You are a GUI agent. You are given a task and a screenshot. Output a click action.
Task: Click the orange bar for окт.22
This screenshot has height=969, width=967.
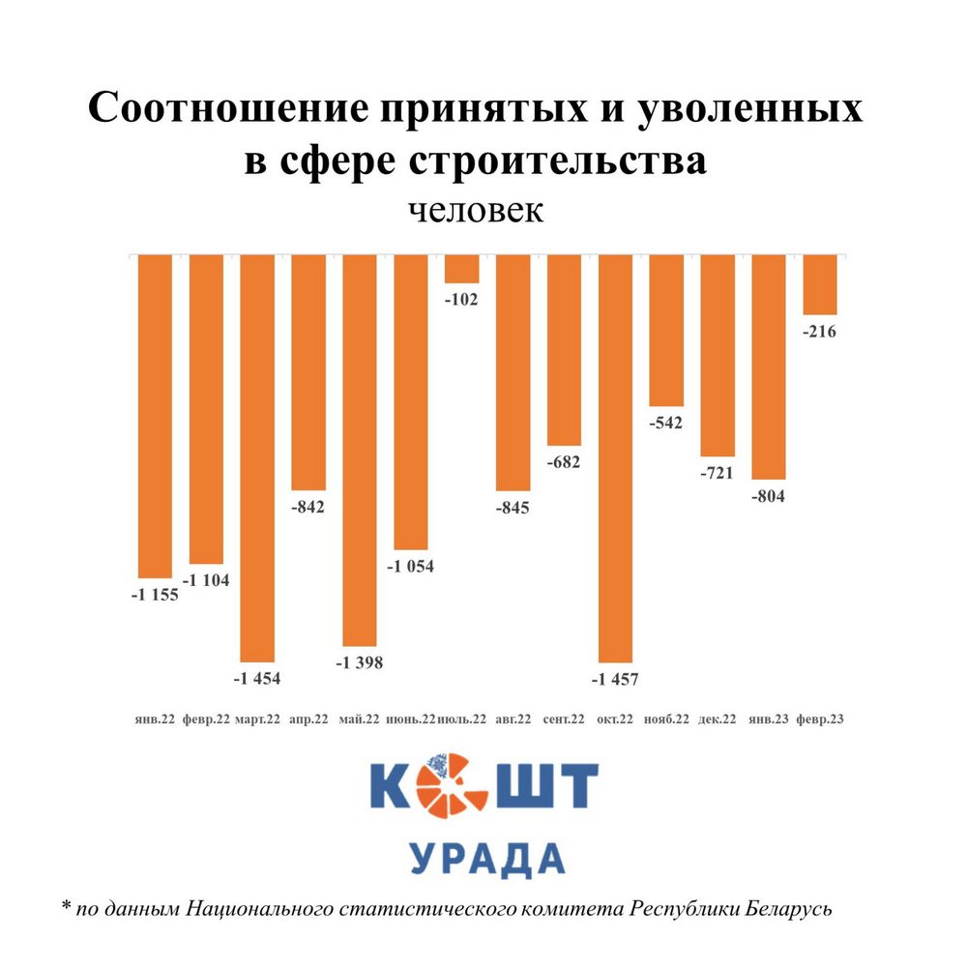(x=615, y=457)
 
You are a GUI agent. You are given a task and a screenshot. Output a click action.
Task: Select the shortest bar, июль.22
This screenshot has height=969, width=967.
(x=461, y=269)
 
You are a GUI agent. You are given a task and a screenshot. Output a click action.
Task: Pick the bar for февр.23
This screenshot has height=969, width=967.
(x=820, y=284)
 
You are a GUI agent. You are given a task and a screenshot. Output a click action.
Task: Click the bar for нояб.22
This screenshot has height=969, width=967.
(x=666, y=330)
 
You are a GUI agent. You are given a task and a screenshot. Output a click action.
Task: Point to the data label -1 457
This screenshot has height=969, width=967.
(x=616, y=680)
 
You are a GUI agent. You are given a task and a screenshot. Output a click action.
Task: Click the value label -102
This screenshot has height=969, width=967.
(x=461, y=299)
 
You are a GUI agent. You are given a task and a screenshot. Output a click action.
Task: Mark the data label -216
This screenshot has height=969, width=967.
(x=820, y=332)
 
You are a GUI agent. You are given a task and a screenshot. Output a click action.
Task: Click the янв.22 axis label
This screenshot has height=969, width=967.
(x=155, y=719)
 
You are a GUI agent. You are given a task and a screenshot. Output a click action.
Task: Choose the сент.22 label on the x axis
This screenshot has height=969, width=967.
(x=564, y=719)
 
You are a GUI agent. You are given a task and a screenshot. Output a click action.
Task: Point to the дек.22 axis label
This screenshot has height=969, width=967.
(x=718, y=719)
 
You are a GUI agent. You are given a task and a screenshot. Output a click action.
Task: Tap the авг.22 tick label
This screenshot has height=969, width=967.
(x=513, y=719)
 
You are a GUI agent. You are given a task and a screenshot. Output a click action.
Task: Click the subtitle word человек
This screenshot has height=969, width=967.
(x=475, y=210)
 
